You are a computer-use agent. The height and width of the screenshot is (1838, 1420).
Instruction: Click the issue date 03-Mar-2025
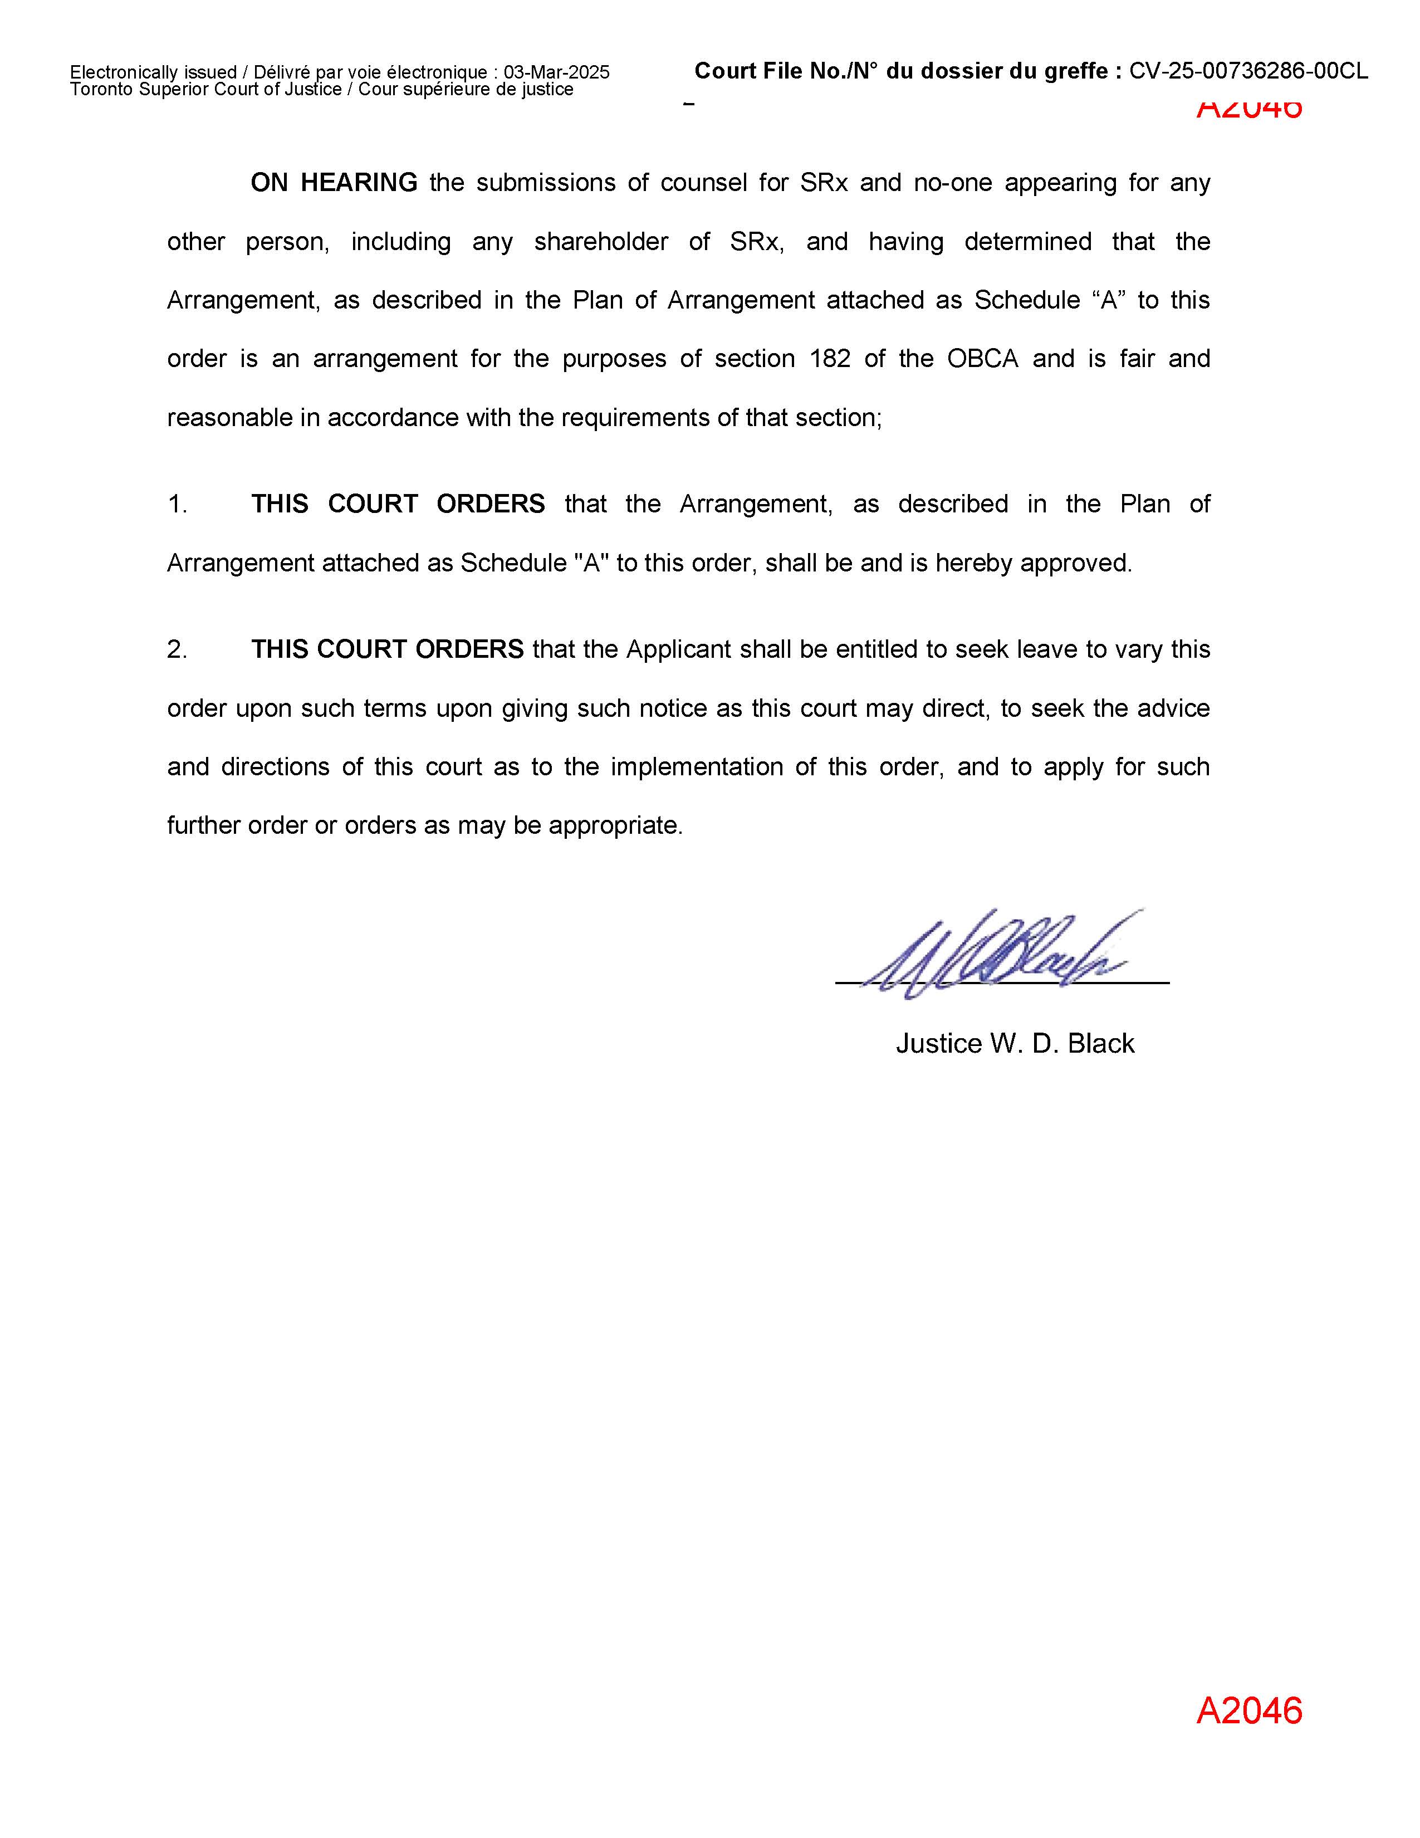click(556, 72)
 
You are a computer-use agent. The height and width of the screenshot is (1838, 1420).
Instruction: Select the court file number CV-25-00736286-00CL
click(1248, 71)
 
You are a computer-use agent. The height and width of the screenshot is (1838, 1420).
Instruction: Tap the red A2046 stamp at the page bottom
click(1248, 1711)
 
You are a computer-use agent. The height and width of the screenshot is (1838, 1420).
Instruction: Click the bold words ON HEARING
click(334, 183)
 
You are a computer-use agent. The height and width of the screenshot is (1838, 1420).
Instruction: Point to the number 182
click(830, 359)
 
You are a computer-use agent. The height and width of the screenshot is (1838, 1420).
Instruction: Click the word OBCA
click(982, 359)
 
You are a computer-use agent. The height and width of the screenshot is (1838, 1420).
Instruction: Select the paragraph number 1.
click(177, 504)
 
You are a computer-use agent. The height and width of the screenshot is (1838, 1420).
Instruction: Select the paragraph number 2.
click(177, 649)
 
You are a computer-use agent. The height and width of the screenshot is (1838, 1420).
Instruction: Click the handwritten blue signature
click(1001, 955)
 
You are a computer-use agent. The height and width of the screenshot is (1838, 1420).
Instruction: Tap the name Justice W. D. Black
click(1015, 1044)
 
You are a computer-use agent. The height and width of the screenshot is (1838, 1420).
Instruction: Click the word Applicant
click(678, 649)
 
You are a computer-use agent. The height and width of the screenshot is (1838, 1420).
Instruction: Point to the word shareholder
click(601, 242)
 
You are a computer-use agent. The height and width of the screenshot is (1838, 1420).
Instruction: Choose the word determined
click(1027, 242)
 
